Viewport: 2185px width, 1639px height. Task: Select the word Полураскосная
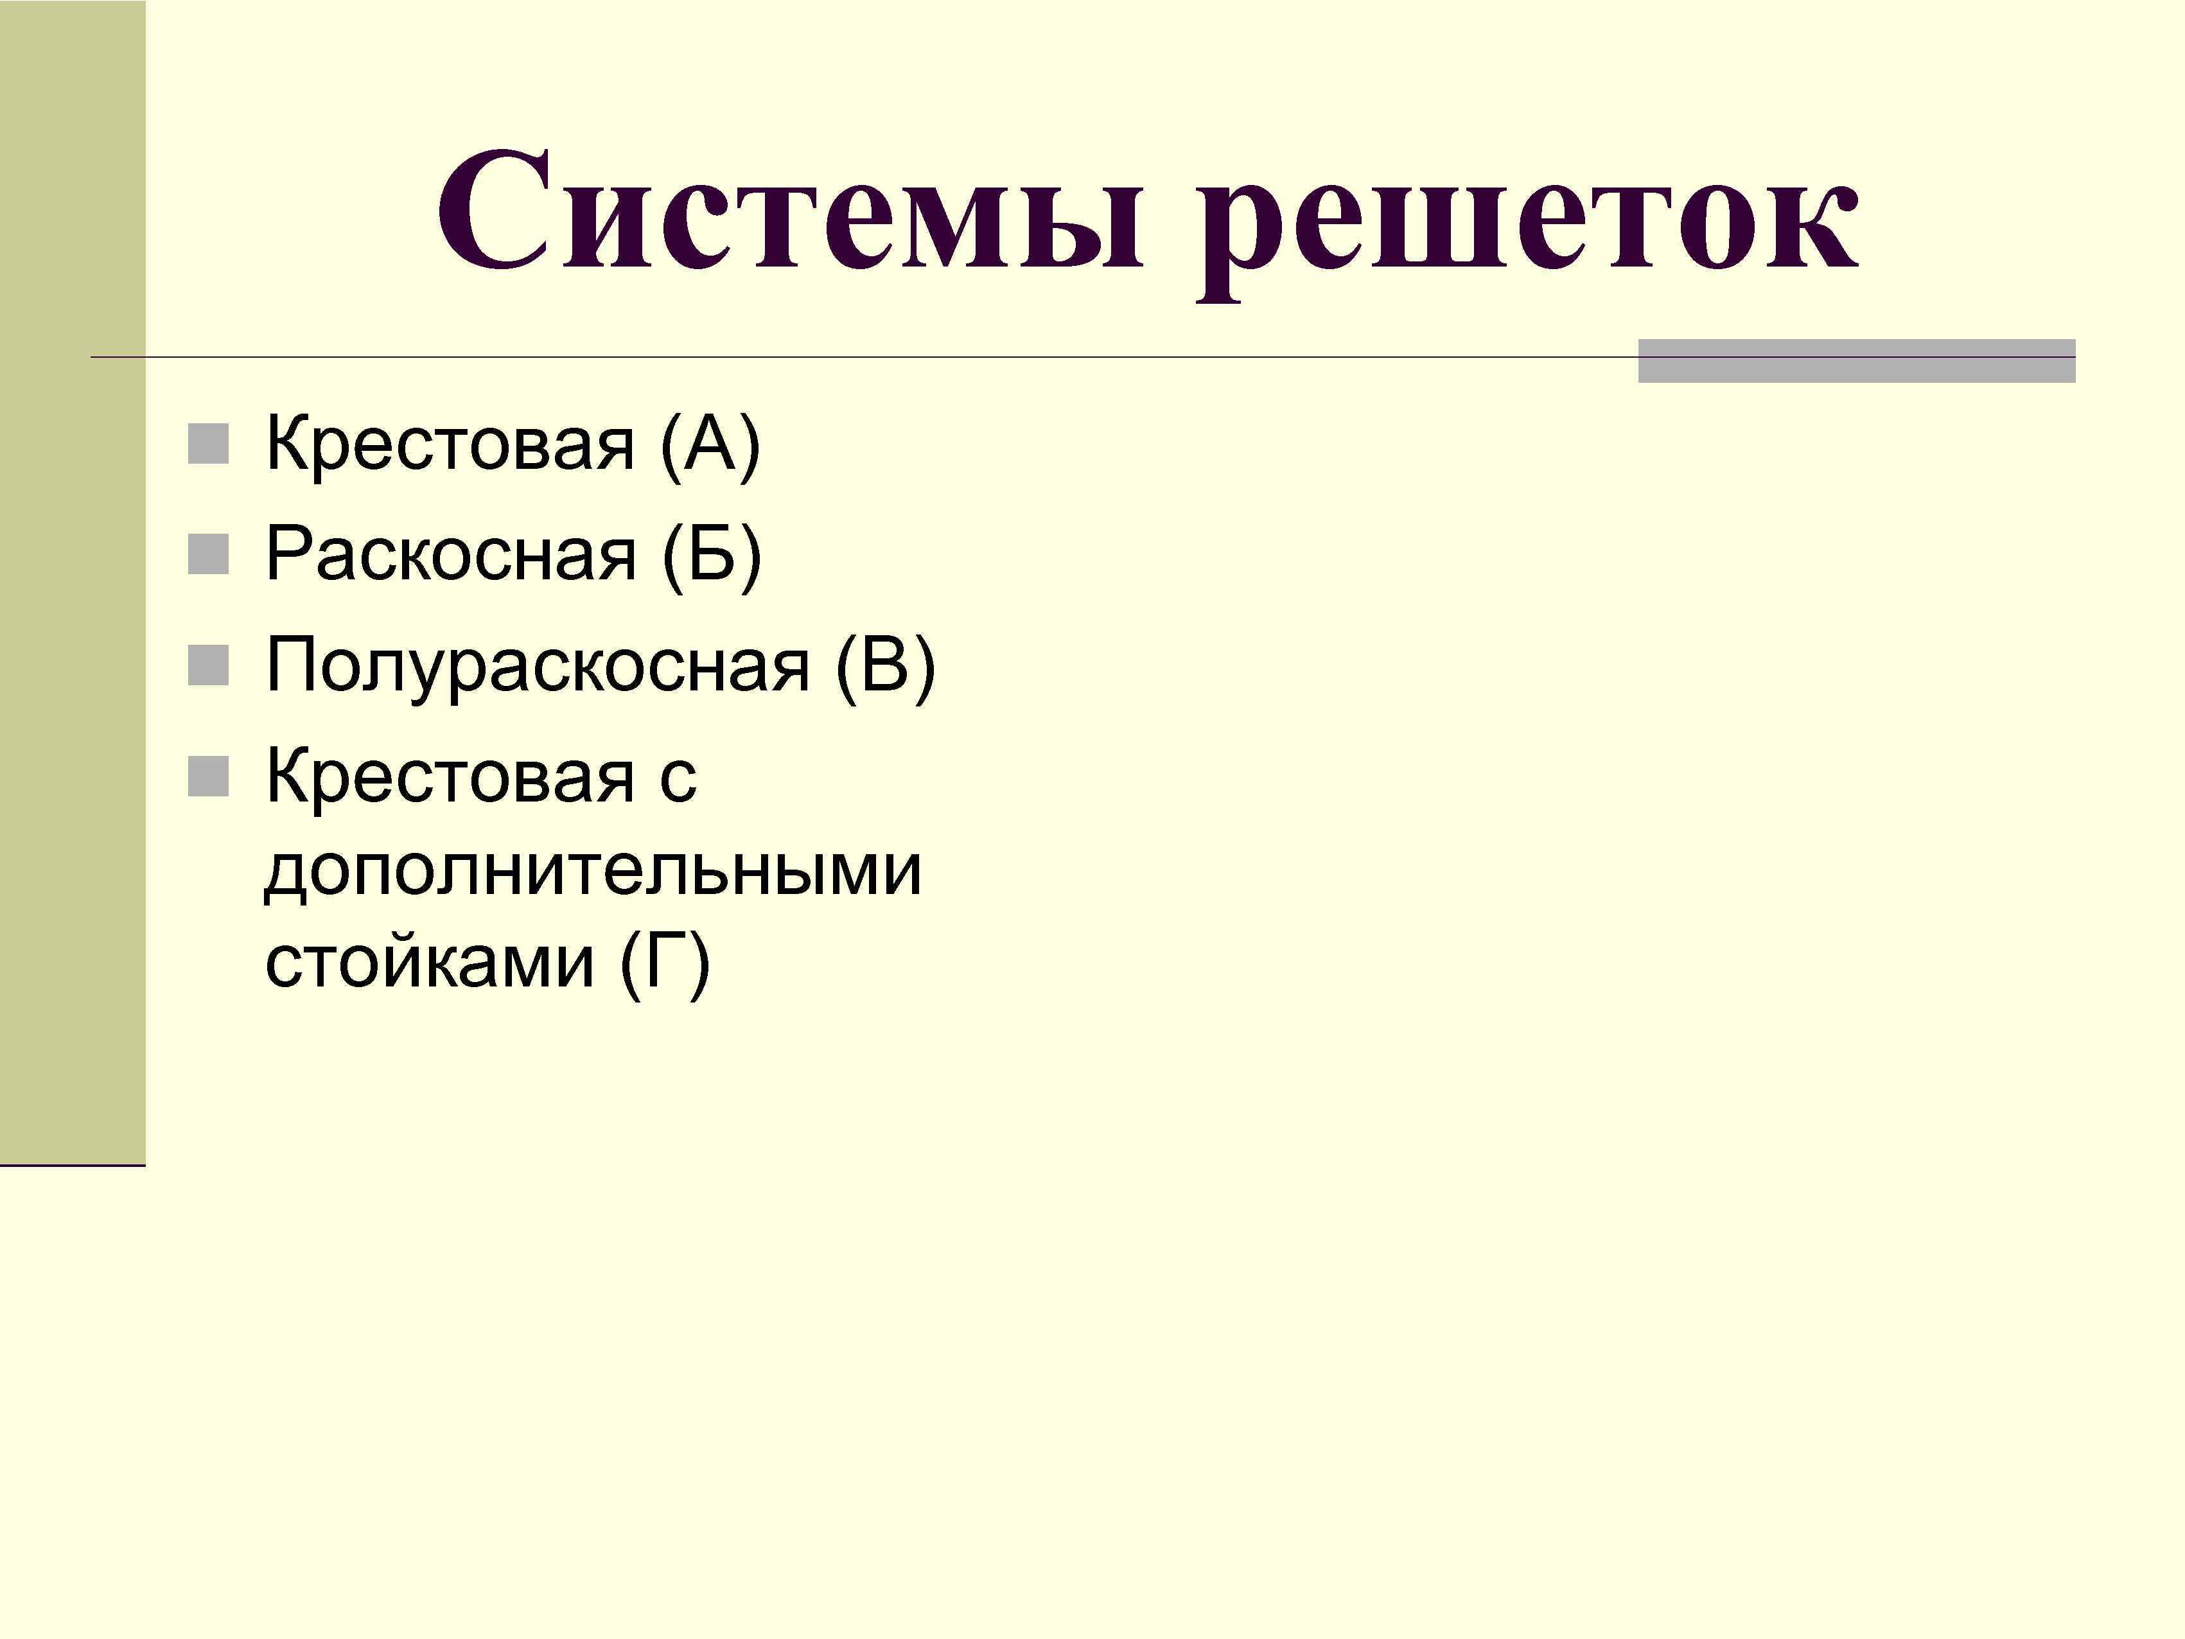pyautogui.click(x=538, y=667)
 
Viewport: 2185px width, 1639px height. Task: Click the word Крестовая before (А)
pyautogui.click(x=450, y=444)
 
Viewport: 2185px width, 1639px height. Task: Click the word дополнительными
pyautogui.click(x=593, y=872)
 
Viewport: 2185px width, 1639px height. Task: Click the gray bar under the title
pyautogui.click(x=1856, y=362)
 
